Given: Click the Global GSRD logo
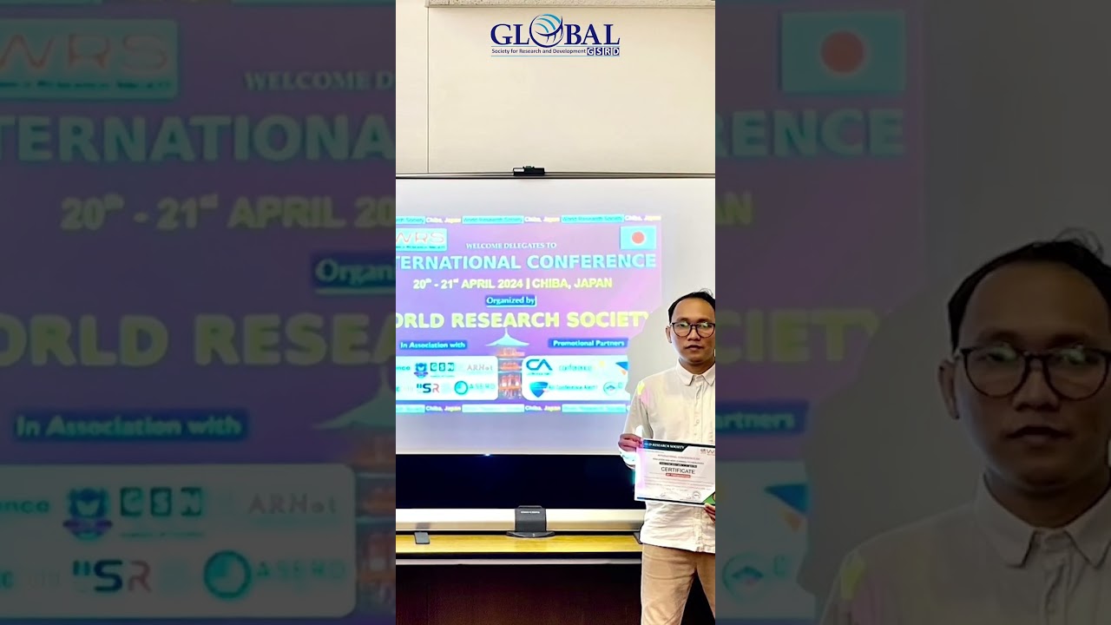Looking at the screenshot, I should (x=555, y=36).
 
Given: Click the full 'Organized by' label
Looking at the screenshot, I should (x=510, y=300).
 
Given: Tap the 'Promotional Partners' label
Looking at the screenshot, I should (x=588, y=343).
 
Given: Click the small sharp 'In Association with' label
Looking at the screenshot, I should (x=432, y=345).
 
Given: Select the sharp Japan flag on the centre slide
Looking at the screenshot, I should (x=638, y=238).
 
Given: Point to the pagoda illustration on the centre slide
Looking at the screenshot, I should (x=509, y=365).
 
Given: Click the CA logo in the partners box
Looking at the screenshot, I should (x=539, y=365).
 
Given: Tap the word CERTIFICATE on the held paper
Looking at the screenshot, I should (x=678, y=470).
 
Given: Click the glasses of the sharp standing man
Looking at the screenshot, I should (x=693, y=328).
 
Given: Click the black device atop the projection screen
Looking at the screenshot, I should (x=529, y=170).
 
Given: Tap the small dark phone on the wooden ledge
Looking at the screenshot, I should (x=422, y=537).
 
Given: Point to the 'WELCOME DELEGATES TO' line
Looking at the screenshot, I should (x=511, y=246).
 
